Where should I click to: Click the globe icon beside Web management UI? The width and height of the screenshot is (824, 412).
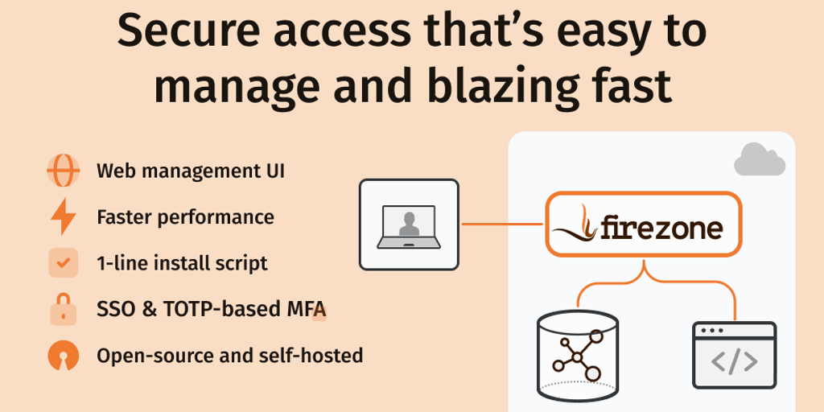tap(63, 171)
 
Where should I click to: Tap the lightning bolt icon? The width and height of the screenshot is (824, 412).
tap(63, 216)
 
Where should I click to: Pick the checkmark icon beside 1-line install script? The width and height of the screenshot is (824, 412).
tap(63, 262)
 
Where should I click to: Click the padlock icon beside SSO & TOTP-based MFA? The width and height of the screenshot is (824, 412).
tap(63, 309)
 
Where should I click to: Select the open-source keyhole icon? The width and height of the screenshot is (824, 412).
tap(63, 355)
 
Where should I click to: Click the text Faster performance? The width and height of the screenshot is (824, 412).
tap(185, 217)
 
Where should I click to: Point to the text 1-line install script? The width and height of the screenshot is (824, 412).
tap(182, 263)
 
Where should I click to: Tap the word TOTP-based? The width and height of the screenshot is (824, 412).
tap(228, 309)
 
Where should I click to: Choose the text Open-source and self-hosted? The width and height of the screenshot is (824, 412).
tap(229, 355)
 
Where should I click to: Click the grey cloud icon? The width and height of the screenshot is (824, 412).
tap(759, 159)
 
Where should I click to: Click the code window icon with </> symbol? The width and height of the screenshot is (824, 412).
tap(734, 355)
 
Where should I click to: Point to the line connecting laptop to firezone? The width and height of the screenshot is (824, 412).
tap(502, 225)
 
